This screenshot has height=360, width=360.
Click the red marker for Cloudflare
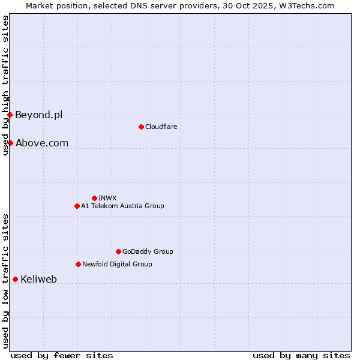(141, 127)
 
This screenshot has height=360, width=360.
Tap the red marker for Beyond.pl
(10, 115)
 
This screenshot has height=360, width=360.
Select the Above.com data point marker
(10, 143)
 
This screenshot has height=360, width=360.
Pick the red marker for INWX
(94, 198)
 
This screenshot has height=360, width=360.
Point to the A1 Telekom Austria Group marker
(77, 206)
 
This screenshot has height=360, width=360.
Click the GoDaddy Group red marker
(118, 251)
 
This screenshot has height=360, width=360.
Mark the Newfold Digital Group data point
(78, 264)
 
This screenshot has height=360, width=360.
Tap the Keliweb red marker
(15, 279)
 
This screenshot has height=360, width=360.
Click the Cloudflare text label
(161, 127)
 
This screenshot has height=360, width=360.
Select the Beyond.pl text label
(38, 115)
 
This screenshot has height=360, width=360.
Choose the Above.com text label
(42, 143)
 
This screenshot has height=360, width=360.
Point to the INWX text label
(107, 198)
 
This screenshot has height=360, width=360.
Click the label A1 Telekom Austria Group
(122, 206)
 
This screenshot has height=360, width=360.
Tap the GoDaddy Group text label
(148, 251)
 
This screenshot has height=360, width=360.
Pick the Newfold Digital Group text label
(117, 264)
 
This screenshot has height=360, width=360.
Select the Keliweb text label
(38, 279)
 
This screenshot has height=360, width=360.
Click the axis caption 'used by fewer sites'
(62, 355)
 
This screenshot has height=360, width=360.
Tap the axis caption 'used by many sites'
(301, 355)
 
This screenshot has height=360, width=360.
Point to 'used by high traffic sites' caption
(5, 85)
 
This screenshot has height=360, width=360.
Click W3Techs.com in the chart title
(304, 5)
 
